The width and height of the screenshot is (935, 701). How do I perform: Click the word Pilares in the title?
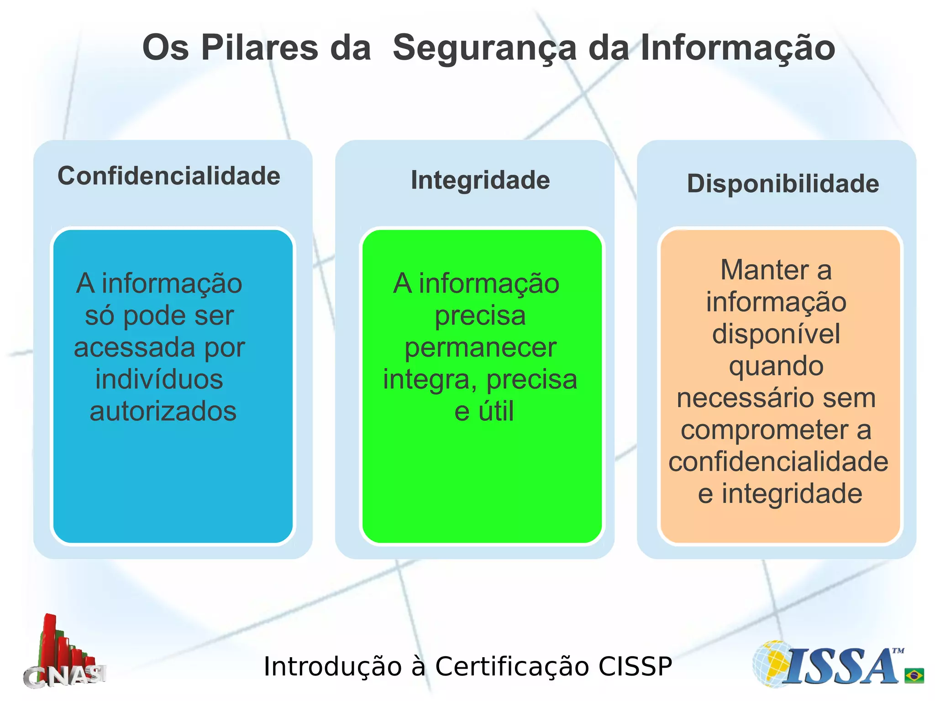[259, 47]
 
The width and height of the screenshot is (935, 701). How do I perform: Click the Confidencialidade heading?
[169, 176]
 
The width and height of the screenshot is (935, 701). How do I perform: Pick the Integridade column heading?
[480, 180]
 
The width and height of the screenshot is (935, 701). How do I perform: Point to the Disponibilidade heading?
[783, 183]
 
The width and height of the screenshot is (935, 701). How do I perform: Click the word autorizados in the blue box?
[163, 411]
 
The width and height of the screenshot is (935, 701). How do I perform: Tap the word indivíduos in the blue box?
[159, 379]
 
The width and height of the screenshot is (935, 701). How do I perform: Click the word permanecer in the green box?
[480, 347]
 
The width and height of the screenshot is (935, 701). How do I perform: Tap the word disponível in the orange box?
[776, 334]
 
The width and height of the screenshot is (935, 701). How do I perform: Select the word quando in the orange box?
[776, 366]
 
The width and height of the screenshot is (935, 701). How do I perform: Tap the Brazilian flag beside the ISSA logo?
[914, 675]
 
